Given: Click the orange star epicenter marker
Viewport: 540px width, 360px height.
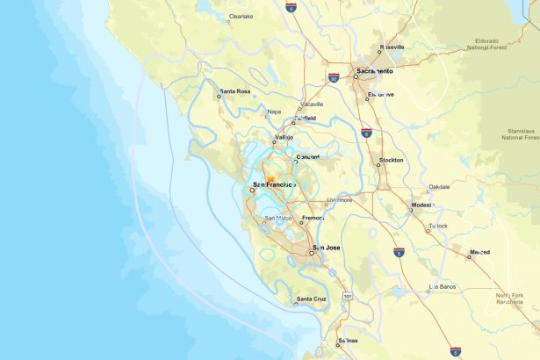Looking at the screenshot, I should (270, 178).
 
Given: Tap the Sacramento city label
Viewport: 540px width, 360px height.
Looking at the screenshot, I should (375, 69).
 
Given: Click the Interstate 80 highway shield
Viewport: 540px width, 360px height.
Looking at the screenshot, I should (334, 78).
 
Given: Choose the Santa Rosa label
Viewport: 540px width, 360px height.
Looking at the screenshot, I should (235, 90).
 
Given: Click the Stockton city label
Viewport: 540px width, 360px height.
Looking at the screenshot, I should (391, 161).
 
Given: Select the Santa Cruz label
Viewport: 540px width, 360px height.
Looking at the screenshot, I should (311, 299).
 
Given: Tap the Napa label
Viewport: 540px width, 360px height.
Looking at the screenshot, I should (274, 112).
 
